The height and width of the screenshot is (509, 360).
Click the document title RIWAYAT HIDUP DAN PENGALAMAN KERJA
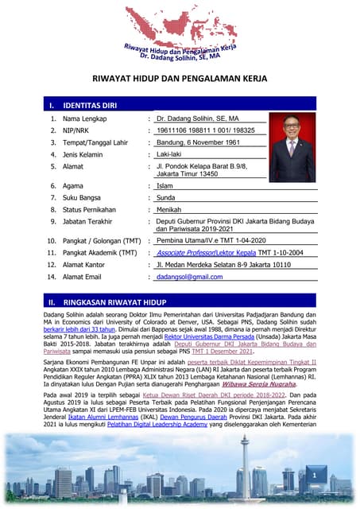click(x=180, y=80)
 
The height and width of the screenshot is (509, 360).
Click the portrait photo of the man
click(x=292, y=149)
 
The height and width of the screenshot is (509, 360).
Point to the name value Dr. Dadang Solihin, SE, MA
click(x=198, y=119)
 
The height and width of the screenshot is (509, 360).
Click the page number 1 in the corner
click(x=315, y=475)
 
